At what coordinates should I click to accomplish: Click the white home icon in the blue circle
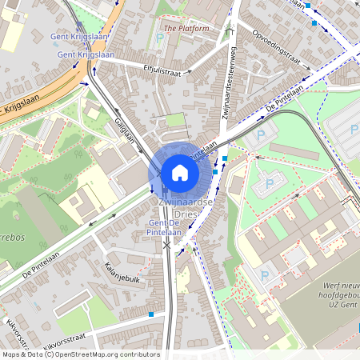(179, 172)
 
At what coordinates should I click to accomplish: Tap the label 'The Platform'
(186, 28)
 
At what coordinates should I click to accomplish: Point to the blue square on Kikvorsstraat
(151, 314)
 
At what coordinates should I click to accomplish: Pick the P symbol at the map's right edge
(355, 129)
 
